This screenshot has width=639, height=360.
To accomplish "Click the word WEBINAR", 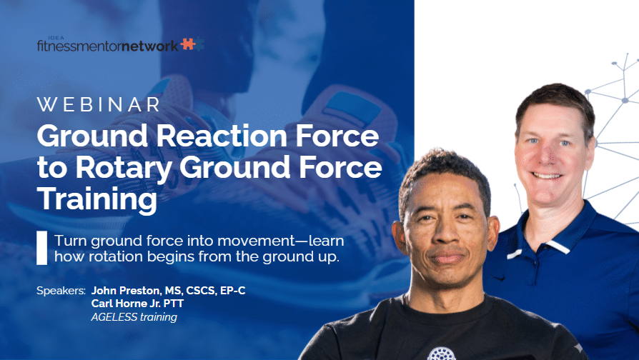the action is (98, 105).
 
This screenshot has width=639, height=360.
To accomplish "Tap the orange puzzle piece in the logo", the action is (187, 44).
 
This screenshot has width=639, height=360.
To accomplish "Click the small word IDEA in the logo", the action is (56, 38).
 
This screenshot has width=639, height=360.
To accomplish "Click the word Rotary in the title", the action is (124, 168).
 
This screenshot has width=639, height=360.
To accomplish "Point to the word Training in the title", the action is (97, 199).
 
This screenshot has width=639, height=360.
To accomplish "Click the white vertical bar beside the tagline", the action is (41, 248).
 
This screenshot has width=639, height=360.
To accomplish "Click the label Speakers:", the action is (61, 291).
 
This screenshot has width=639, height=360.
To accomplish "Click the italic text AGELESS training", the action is (134, 317).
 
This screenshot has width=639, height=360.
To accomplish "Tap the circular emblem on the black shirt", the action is (441, 354).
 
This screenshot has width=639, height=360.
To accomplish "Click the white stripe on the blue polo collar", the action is (559, 246).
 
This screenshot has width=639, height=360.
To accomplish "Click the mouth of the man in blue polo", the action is (547, 176).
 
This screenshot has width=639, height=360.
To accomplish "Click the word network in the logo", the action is (150, 46).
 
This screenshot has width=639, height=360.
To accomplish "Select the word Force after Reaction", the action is (337, 136).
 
